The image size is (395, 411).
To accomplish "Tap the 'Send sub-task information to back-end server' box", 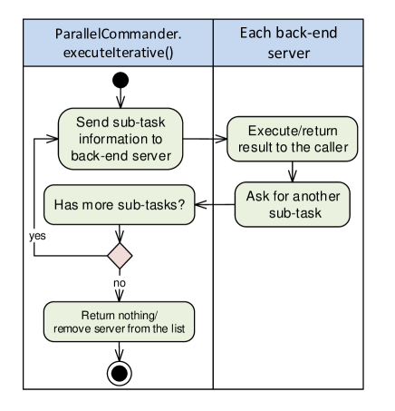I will pyautogui.click(x=120, y=139).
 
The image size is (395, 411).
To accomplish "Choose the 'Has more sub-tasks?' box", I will pyautogui.click(x=120, y=205).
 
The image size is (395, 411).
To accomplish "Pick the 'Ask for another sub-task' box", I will pyautogui.click(x=291, y=205).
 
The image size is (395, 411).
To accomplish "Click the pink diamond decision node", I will pyautogui.click(x=120, y=254).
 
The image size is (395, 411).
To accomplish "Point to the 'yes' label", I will pyautogui.click(x=37, y=236).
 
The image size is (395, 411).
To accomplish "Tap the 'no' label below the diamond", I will pyautogui.click(x=120, y=283).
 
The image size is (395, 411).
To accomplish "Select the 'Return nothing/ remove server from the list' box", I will pyautogui.click(x=120, y=321).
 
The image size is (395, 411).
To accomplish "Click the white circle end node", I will pyautogui.click(x=120, y=373).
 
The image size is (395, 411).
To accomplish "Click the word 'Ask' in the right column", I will pyautogui.click(x=258, y=196).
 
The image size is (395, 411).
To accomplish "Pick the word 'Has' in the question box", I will pyautogui.click(x=69, y=205).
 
